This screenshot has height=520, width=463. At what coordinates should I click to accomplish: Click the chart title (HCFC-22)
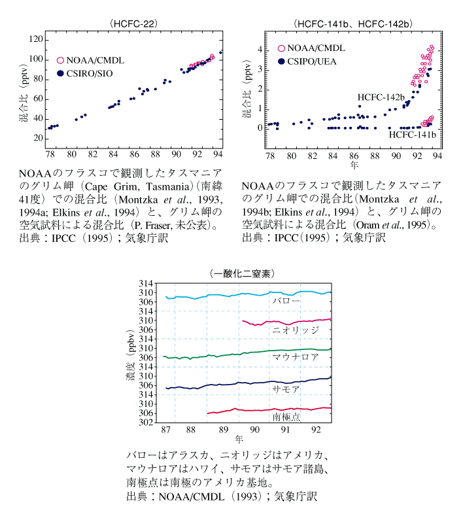[133, 24]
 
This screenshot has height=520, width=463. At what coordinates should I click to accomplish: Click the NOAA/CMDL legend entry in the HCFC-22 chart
[90, 60]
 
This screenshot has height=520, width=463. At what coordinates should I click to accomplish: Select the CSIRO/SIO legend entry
[84, 73]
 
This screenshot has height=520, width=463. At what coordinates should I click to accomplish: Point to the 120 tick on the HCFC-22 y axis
[36, 39]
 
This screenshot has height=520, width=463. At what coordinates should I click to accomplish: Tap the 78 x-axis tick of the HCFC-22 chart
[50, 154]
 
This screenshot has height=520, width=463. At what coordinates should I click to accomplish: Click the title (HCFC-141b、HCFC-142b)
[353, 24]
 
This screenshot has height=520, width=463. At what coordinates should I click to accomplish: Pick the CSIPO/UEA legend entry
[307, 61]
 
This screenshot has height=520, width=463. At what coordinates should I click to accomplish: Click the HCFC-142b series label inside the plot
[381, 97]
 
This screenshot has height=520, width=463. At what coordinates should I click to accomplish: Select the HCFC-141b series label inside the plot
[412, 135]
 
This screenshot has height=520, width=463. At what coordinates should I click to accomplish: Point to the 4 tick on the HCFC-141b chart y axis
[260, 50]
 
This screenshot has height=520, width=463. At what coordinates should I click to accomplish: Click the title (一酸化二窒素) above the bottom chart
[242, 273]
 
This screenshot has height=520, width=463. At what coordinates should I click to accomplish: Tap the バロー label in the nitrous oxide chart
[286, 301]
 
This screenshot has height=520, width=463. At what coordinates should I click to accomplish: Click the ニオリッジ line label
[296, 330]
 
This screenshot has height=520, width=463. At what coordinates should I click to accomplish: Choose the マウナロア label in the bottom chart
[296, 357]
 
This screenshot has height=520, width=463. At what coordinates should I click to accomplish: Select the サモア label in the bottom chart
[286, 389]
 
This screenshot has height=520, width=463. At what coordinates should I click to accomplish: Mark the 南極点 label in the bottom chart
[286, 417]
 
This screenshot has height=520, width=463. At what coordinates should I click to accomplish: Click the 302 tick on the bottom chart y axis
[146, 423]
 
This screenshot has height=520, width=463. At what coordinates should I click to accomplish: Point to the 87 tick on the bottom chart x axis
[166, 430]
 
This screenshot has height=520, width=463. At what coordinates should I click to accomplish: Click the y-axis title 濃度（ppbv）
[131, 355]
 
